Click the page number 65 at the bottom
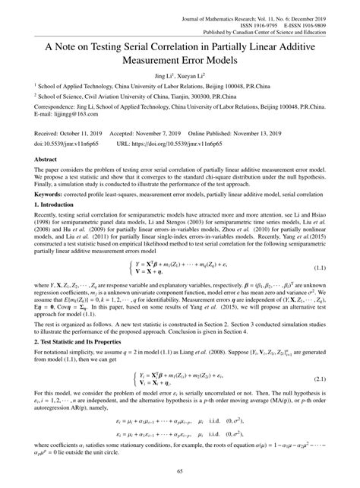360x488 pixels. (179, 472)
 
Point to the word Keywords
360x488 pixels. (52, 215)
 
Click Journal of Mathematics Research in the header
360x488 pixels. (232, 5)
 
